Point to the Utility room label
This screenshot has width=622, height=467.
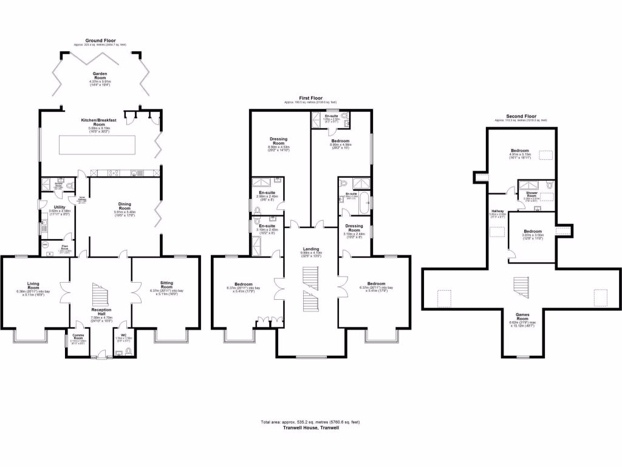[x=60, y=207]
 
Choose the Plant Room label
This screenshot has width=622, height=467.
[x=61, y=246]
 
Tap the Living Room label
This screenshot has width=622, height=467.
[x=33, y=283]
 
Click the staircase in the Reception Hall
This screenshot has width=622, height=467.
[x=100, y=296]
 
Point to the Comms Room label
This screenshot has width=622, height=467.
[x=78, y=336]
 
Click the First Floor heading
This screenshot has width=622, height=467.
[x=310, y=98]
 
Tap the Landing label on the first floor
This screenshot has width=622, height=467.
[x=310, y=249]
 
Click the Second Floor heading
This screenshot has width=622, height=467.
[x=521, y=116]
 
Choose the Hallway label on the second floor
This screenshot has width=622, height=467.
[x=497, y=211]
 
